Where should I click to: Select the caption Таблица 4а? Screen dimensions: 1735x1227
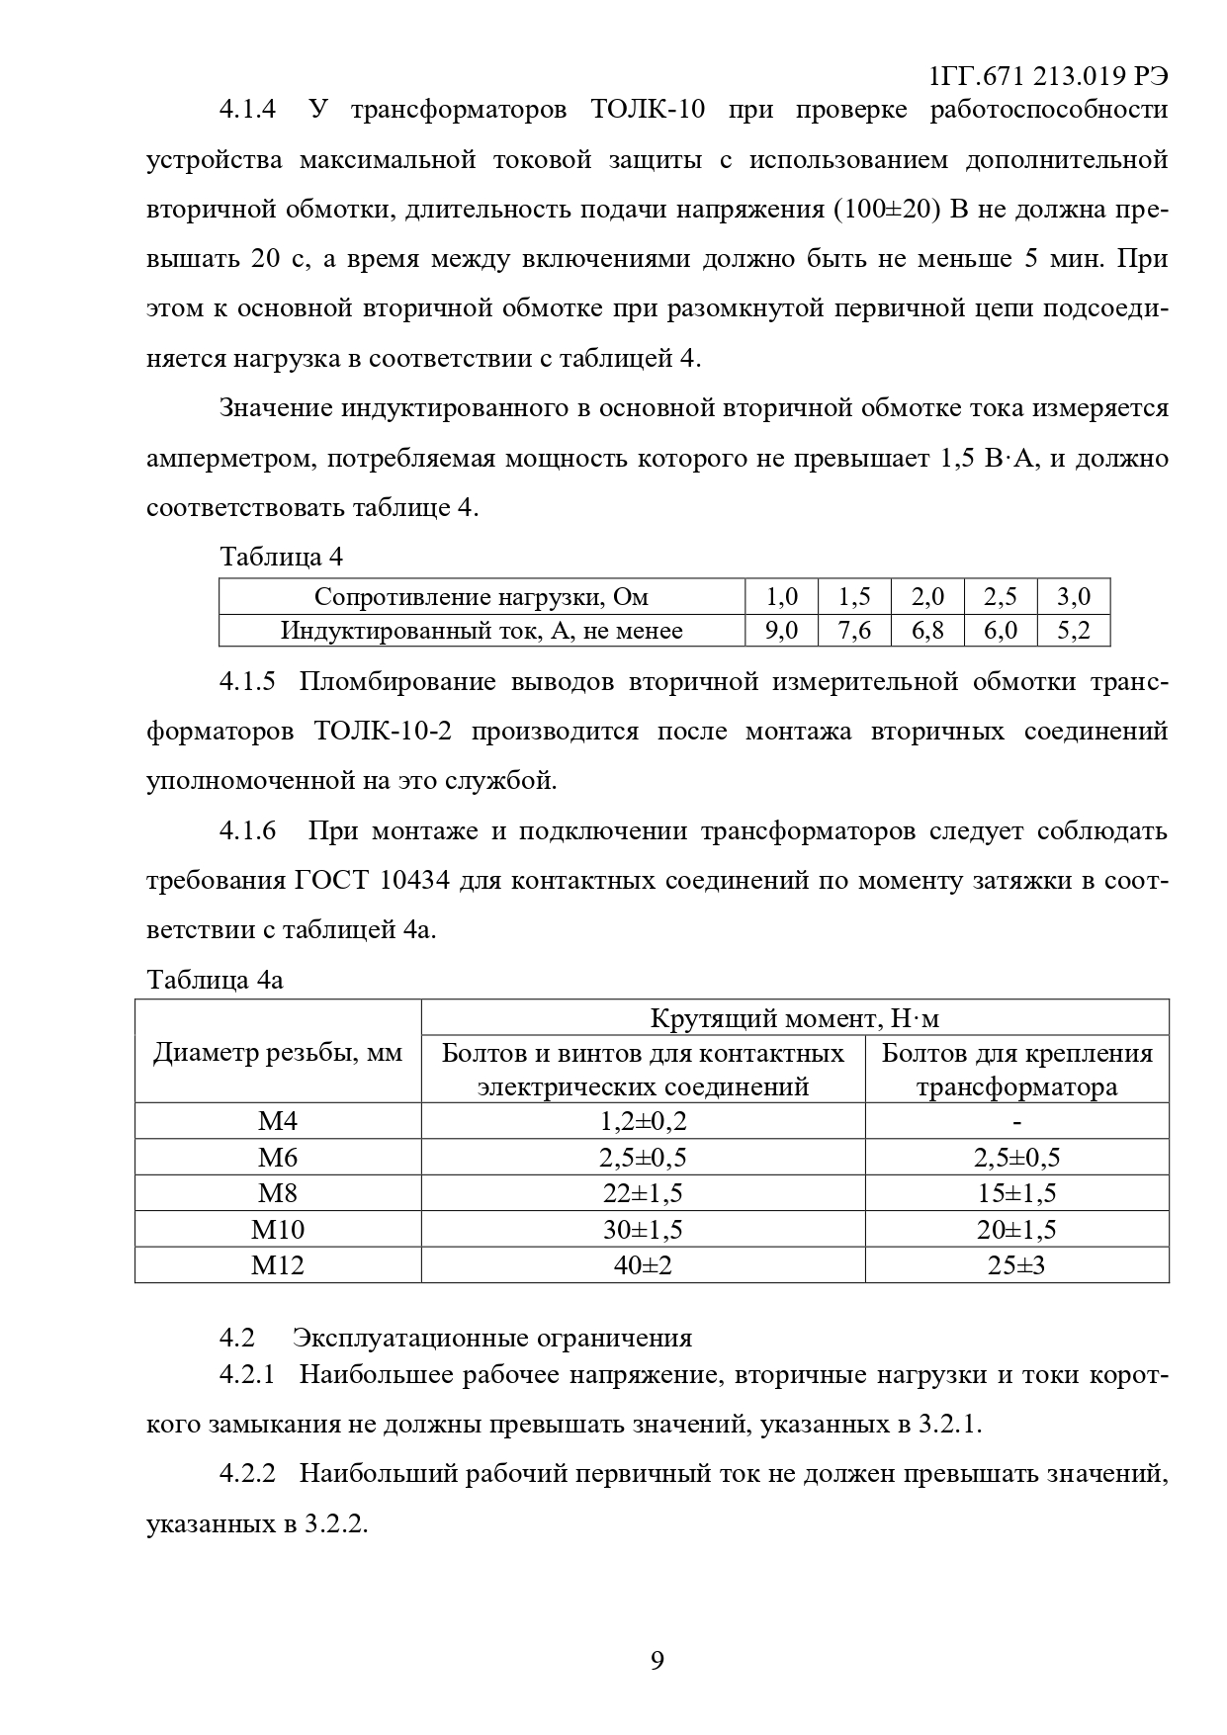(215, 980)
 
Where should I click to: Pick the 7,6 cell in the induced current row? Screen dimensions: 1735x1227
(854, 630)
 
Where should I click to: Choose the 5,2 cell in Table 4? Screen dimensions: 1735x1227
(1074, 630)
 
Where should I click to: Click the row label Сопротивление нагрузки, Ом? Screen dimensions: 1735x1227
(482, 596)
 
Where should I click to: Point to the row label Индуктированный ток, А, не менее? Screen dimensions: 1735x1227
(482, 630)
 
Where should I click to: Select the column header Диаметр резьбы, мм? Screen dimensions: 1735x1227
(278, 1052)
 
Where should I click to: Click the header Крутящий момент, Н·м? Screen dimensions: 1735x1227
(795, 1017)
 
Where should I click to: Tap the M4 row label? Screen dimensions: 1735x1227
(278, 1121)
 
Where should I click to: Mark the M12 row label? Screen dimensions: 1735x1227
(278, 1264)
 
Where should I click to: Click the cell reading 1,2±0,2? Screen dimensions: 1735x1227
(643, 1121)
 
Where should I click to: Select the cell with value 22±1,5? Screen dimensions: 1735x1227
(643, 1193)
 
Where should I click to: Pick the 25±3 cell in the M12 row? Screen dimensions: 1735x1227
(1016, 1264)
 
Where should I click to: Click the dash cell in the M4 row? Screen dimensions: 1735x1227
(1016, 1121)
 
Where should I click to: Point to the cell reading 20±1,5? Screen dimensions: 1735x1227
(1016, 1229)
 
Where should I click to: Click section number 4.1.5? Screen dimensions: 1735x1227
(247, 681)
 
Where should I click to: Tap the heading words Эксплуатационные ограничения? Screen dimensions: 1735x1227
(492, 1338)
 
